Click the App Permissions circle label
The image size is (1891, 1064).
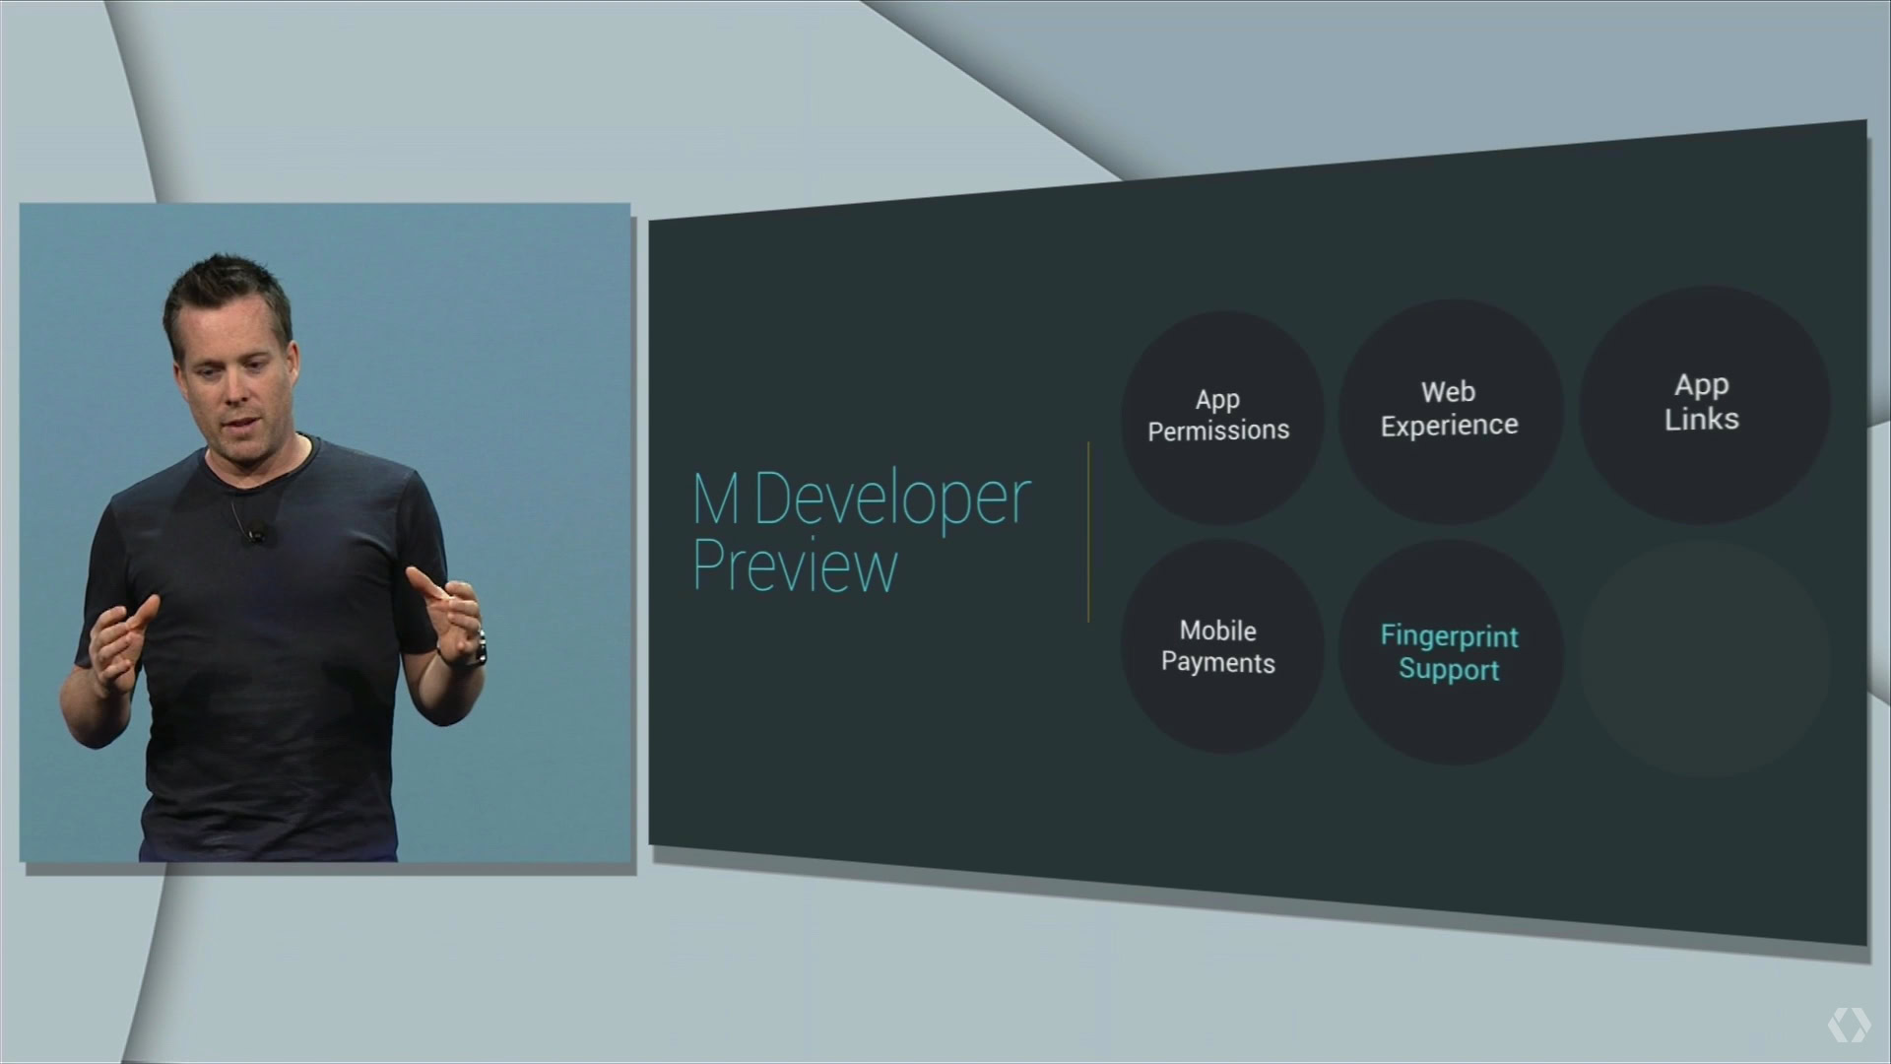click(x=1218, y=415)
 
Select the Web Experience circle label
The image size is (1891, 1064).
click(x=1449, y=409)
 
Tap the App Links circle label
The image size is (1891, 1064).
click(x=1702, y=402)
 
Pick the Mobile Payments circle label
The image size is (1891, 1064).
click(x=1218, y=646)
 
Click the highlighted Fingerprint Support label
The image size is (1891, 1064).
click(x=1449, y=652)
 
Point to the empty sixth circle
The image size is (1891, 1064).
click(x=1705, y=658)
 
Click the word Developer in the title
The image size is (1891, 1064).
click(x=892, y=500)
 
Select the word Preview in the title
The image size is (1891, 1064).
click(x=795, y=565)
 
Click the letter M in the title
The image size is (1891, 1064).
click(x=716, y=499)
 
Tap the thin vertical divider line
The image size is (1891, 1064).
click(x=1088, y=532)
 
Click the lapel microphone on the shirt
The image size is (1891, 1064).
click(x=255, y=534)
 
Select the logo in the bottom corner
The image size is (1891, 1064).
click(x=1849, y=1025)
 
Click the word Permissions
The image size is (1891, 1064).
click(x=1218, y=431)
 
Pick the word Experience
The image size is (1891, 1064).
click(x=1449, y=426)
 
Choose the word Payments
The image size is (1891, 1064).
click(x=1218, y=663)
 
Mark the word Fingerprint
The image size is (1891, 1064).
click(x=1449, y=636)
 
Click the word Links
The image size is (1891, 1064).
click(x=1702, y=419)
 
